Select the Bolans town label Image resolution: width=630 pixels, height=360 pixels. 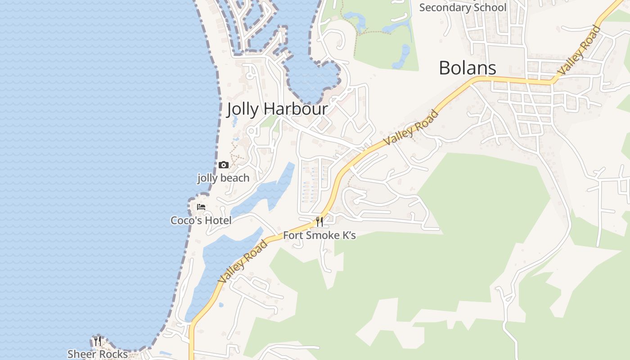467,68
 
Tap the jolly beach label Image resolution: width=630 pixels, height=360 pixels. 223,178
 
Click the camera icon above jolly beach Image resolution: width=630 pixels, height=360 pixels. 223,165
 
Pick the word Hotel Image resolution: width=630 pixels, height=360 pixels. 218,220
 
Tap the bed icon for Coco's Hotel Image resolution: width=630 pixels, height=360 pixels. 201,207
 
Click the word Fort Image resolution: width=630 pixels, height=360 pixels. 293,235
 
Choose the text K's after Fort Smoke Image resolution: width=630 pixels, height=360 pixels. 349,235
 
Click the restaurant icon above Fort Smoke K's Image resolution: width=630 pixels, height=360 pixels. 319,221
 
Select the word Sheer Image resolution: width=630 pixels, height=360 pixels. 82,354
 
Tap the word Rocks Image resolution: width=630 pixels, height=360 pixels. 113,354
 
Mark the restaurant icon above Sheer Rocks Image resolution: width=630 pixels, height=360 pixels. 97,341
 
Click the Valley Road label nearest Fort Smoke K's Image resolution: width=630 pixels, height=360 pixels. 243,262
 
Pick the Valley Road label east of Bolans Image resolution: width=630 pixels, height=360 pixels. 579,50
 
